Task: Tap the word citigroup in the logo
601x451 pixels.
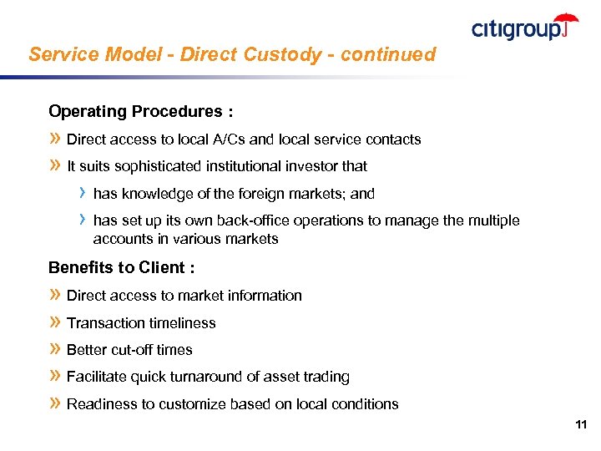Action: pyautogui.click(x=518, y=30)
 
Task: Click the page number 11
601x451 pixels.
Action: pyautogui.click(x=581, y=425)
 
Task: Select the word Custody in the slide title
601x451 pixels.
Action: pyautogui.click(x=275, y=55)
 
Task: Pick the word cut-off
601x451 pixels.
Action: pyautogui.click(x=128, y=350)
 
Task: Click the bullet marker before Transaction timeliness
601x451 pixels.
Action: pyautogui.click(x=55, y=323)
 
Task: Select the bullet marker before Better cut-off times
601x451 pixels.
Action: pyautogui.click(x=55, y=350)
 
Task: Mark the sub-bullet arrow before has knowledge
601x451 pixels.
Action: pyautogui.click(x=82, y=193)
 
